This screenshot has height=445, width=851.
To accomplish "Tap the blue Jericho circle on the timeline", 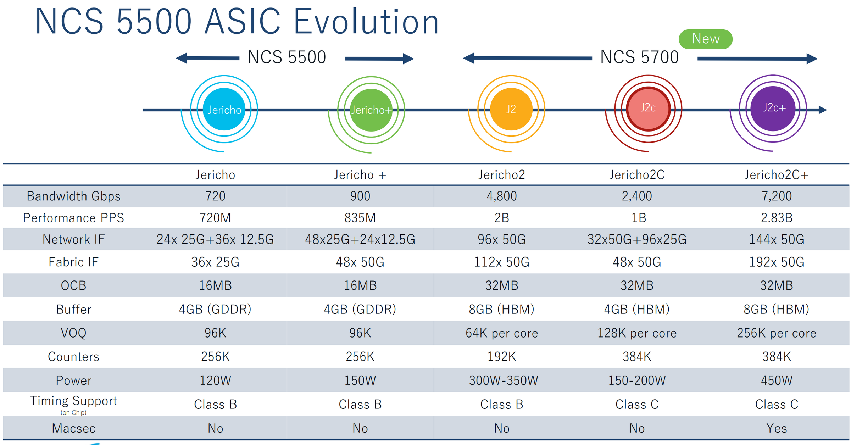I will point(224,110).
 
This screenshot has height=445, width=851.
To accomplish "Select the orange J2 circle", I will point(511,109).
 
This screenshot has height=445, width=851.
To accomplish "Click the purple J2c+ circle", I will point(774,108).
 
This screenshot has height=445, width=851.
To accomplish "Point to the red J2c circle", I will point(648,108).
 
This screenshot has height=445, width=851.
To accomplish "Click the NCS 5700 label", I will point(639,57).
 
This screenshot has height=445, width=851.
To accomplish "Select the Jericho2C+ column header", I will point(776,175).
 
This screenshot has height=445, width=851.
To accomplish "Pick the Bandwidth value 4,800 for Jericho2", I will point(501,196).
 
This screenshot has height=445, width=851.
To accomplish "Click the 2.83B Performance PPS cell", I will point(776,218).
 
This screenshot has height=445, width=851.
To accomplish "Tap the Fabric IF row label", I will point(73,262).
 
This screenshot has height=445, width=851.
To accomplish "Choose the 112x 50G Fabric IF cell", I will point(501,262).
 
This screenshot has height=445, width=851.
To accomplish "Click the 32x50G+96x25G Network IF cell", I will point(637,239).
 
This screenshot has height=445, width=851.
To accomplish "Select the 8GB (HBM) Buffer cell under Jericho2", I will point(501,309).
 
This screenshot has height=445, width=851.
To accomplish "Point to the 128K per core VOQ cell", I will point(637,333).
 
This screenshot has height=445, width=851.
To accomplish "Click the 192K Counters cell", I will point(501,356).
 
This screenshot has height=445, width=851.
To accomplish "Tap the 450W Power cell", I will point(776,380).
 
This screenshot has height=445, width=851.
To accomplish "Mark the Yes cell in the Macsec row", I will point(776,428).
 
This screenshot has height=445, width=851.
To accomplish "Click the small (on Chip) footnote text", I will point(73,412).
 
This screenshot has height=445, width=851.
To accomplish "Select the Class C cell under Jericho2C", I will point(637,404).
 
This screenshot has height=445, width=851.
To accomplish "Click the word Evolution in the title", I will point(366,22).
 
